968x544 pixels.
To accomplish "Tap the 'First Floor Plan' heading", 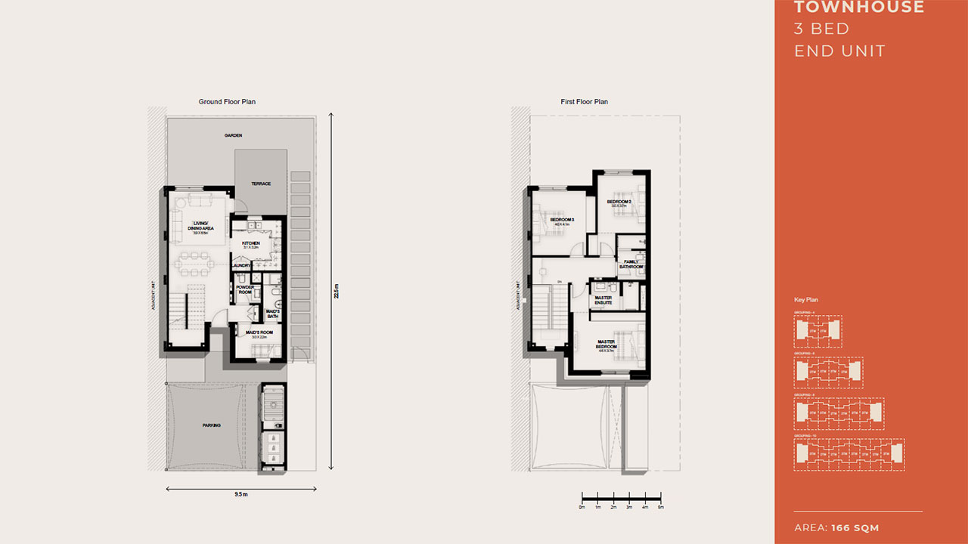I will click(584, 101).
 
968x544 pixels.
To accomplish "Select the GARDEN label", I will click(233, 136).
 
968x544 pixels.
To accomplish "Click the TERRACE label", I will click(261, 184).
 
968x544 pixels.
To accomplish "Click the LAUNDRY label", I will click(241, 265).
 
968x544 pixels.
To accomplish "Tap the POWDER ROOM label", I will click(245, 289).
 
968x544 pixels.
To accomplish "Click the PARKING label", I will click(212, 425).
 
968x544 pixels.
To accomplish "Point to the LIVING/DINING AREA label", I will click(200, 226).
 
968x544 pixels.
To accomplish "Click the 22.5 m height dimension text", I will click(337, 291).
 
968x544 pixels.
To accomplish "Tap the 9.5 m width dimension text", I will click(240, 494).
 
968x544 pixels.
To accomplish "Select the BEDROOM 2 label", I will click(619, 202).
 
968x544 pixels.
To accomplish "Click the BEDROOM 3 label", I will click(562, 221).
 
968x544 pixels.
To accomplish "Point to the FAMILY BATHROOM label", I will click(631, 264).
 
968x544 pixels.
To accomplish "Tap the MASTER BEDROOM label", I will click(607, 344).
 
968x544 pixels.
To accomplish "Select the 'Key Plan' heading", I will click(805, 300).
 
